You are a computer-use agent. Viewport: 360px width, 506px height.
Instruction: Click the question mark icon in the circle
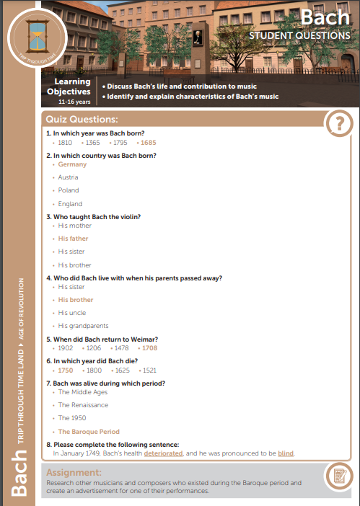click(x=339, y=123)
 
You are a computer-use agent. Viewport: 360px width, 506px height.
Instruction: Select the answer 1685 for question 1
click(x=128, y=143)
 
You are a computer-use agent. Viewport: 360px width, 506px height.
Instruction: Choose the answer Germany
click(x=72, y=164)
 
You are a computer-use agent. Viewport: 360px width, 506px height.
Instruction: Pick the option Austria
click(x=69, y=177)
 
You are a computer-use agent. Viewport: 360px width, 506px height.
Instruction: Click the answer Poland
click(x=69, y=190)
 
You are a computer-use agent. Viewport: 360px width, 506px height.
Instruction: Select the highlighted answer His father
click(x=74, y=238)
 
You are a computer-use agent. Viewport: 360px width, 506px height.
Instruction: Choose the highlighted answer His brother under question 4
click(x=76, y=299)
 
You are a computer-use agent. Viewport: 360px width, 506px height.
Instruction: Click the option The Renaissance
click(x=83, y=405)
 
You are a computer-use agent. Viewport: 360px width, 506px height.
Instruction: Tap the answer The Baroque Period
click(x=89, y=431)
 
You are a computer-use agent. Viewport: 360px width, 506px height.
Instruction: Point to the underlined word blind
click(x=286, y=453)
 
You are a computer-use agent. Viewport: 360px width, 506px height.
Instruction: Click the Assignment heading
click(x=74, y=471)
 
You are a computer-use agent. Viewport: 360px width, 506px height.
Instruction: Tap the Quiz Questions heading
click(x=82, y=118)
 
